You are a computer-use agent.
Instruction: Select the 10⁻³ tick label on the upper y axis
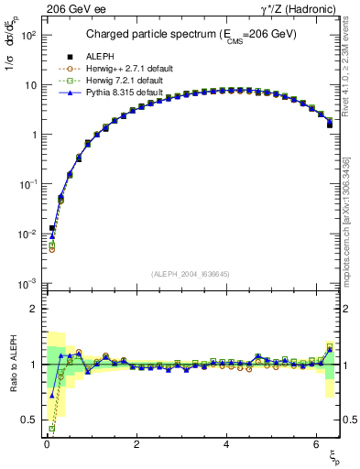(27, 283)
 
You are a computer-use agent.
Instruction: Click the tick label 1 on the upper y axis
(33, 135)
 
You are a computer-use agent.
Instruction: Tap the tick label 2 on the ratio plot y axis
(33, 309)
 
